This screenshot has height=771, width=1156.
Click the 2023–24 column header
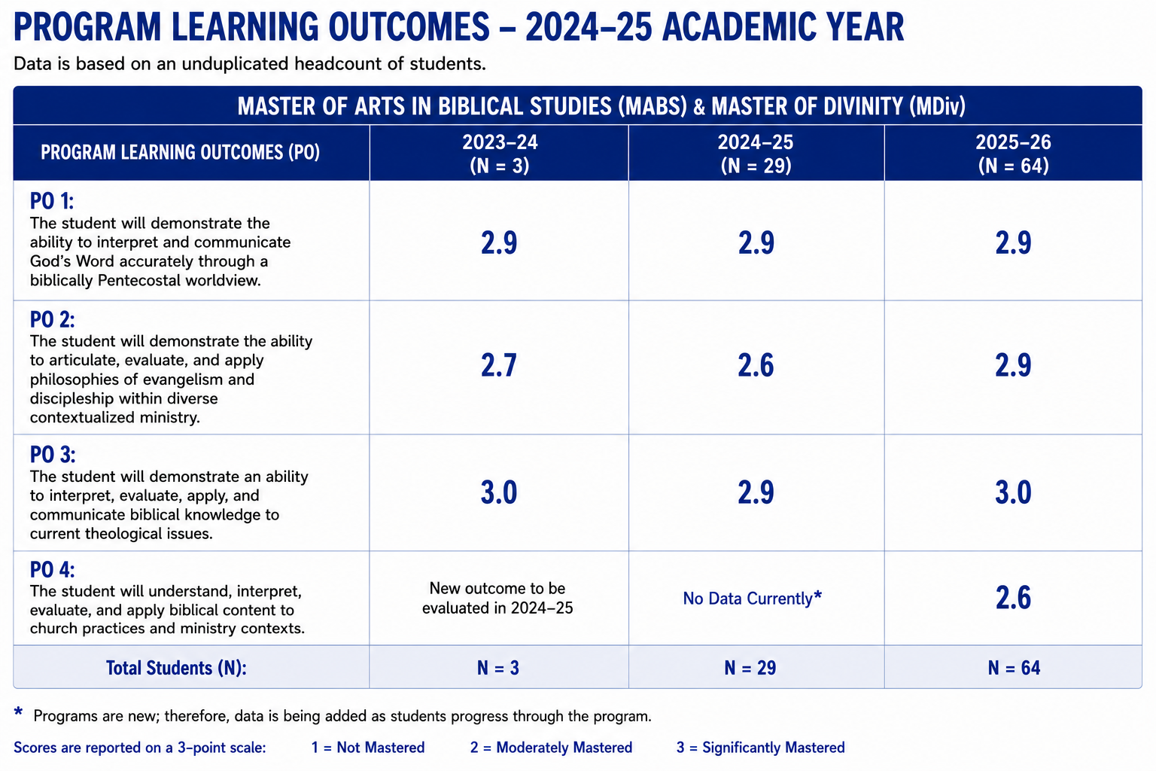(500, 154)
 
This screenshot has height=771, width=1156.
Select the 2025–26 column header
(1013, 154)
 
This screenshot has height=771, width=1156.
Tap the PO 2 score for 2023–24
(498, 365)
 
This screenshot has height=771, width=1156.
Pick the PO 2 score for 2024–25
(756, 365)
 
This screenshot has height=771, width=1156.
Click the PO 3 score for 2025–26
(1013, 492)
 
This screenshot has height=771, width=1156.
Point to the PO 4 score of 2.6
(1013, 598)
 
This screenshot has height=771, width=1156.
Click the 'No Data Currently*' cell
(753, 598)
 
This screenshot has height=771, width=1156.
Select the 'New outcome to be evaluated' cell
(497, 598)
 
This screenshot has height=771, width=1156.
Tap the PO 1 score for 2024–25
(756, 242)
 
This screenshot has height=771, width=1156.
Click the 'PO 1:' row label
(52, 201)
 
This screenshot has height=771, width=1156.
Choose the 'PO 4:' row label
(52, 570)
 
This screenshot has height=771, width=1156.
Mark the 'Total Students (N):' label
(177, 668)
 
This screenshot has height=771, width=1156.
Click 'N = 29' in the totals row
(750, 668)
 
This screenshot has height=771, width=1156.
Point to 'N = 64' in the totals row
(1014, 668)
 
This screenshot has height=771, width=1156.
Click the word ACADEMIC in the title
(735, 27)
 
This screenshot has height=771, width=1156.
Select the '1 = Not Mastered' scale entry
(368, 747)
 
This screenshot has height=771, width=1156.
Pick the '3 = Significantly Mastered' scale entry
(761, 747)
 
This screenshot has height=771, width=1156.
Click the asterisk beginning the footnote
(19, 712)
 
